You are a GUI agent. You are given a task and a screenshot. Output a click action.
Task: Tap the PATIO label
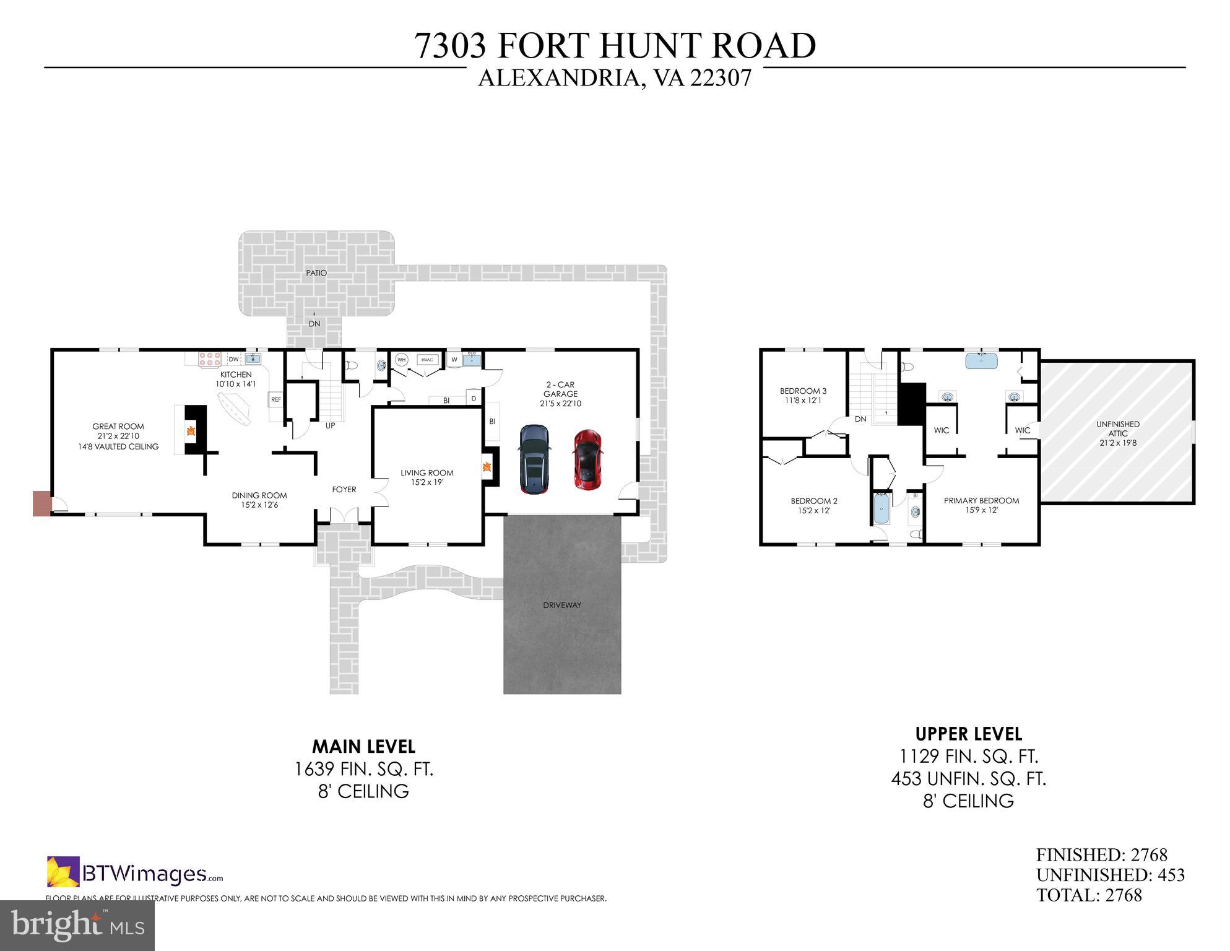click(316, 273)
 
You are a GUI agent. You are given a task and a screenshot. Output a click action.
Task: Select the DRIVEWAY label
click(562, 605)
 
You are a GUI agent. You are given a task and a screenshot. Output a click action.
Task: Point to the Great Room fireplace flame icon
click(191, 431)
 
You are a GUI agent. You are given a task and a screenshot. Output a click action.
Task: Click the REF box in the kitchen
click(276, 400)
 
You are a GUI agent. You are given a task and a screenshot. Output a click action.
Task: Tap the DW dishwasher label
click(233, 360)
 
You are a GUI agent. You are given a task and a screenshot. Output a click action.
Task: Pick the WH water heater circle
click(401, 360)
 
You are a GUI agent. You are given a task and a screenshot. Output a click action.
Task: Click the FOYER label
click(344, 489)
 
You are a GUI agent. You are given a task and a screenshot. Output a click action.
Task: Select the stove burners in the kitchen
click(210, 360)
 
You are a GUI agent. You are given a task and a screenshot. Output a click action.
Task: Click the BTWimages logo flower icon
click(63, 872)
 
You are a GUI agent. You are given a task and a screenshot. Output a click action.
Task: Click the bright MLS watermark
click(77, 925)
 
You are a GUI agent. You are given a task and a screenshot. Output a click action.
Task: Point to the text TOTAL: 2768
click(1089, 895)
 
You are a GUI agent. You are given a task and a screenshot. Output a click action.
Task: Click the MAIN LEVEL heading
click(363, 746)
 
